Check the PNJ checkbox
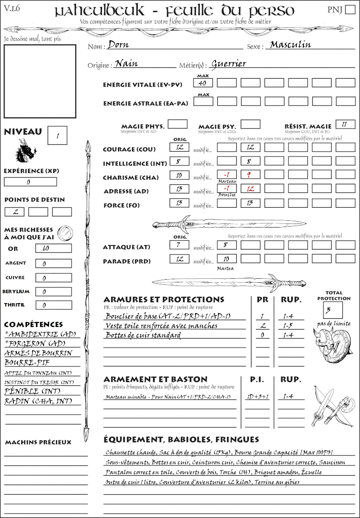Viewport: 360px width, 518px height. pos(350,10)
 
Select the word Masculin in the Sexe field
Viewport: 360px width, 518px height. pos(290,45)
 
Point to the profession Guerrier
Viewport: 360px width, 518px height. pos(229,64)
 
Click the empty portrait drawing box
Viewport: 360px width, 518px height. pos(40,81)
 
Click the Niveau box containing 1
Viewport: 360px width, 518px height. pos(58,135)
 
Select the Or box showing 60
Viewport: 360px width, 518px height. pos(53,248)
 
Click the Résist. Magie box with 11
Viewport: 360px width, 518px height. pos(345,124)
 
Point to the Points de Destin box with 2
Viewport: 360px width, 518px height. pos(14,211)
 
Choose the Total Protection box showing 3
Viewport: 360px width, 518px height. pos(333,310)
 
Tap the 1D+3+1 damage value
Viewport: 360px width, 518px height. pos(257,397)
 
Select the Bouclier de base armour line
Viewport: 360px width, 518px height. pos(168,316)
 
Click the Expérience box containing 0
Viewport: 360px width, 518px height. pos(30,182)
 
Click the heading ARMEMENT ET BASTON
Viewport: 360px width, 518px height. pos(155,379)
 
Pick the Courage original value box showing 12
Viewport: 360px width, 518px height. pos(179,147)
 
